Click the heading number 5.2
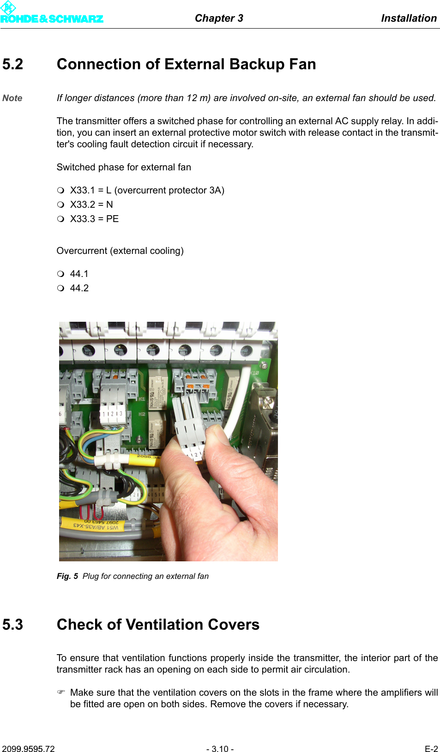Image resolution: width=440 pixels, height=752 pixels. pyautogui.click(x=13, y=64)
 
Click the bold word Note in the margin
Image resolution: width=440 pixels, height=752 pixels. pyautogui.click(x=12, y=98)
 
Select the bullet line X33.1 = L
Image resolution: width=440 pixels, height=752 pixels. pyautogui.click(x=147, y=190)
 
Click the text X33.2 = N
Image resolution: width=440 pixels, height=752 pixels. pyautogui.click(x=91, y=205)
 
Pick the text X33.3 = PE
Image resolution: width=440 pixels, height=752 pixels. pyautogui.click(x=94, y=219)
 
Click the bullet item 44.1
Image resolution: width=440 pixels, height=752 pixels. pyautogui.click(x=79, y=274)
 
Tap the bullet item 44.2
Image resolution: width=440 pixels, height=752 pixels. pyautogui.click(x=79, y=288)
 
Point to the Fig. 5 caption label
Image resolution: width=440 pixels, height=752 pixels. pyautogui.click(x=67, y=576)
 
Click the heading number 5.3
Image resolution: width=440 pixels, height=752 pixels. pyautogui.click(x=13, y=625)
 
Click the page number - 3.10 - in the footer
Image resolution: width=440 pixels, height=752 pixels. pyautogui.click(x=220, y=749)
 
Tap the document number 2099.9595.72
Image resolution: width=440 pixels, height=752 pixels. pyautogui.click(x=28, y=749)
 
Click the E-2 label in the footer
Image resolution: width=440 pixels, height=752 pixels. pyautogui.click(x=431, y=749)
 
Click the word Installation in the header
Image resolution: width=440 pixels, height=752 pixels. pyautogui.click(x=409, y=18)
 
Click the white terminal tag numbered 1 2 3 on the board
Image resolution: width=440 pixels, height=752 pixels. pyautogui.click(x=112, y=414)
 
